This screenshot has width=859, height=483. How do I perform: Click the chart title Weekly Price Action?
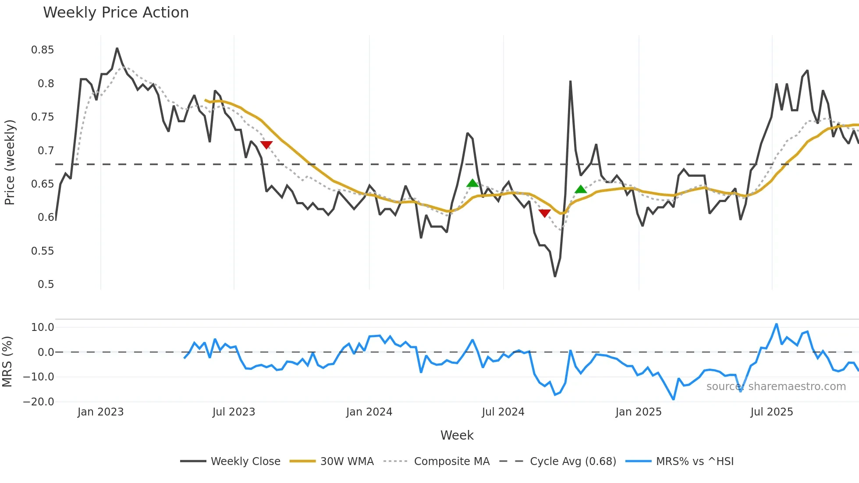(x=116, y=13)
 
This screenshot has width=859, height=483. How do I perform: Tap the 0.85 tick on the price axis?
(x=43, y=50)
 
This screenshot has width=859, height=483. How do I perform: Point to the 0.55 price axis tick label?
(x=43, y=251)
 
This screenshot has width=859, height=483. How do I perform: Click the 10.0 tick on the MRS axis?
(x=43, y=327)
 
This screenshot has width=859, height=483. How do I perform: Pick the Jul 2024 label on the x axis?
(x=503, y=412)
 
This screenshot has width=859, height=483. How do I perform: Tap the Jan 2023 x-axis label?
(x=100, y=412)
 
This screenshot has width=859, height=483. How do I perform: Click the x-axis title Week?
(x=457, y=435)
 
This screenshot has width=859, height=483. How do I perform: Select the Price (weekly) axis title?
(x=10, y=162)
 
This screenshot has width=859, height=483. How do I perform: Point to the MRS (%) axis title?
(x=7, y=362)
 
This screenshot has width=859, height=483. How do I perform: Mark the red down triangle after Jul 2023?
(x=266, y=145)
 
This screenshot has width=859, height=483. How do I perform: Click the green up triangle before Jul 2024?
(x=472, y=183)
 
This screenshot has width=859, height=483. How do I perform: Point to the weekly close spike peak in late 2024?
(x=570, y=82)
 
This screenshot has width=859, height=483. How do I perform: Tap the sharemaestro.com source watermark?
(x=776, y=387)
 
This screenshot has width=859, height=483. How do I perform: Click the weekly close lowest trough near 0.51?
(x=555, y=276)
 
